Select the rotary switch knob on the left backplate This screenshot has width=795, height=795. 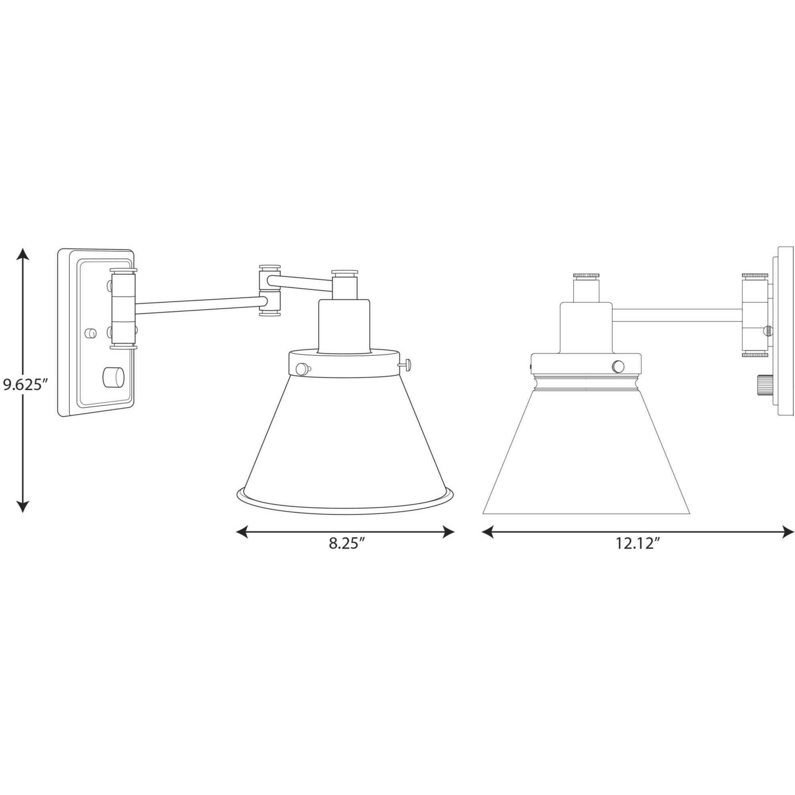click(x=115, y=377)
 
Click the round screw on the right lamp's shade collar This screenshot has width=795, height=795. click(x=618, y=366)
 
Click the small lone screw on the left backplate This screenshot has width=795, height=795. click(x=90, y=332)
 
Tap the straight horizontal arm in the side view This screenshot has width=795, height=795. click(x=677, y=315)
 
